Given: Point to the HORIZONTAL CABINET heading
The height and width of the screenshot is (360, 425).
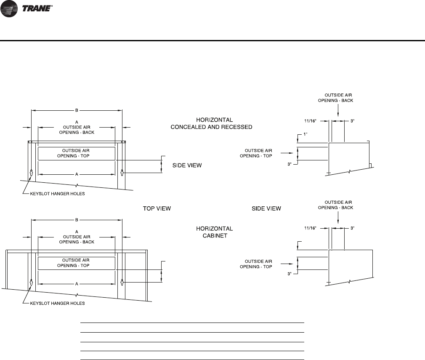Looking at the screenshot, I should pyautogui.click(x=215, y=232).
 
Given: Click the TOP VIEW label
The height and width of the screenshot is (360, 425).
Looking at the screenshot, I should pyautogui.click(x=156, y=208).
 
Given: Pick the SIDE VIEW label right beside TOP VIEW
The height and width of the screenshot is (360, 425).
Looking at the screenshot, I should pyautogui.click(x=266, y=208).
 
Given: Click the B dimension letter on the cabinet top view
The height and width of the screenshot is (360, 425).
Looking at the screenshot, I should pyautogui.click(x=77, y=219).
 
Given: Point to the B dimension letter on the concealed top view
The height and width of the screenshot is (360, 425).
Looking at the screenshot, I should pyautogui.click(x=77, y=111).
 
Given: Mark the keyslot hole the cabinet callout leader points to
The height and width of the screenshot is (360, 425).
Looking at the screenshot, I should pyautogui.click(x=32, y=282).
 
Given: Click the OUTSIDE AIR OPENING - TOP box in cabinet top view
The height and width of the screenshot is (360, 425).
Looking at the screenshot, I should pyautogui.click(x=77, y=263).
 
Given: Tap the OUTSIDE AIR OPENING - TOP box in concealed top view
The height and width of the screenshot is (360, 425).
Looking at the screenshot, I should pyautogui.click(x=77, y=153).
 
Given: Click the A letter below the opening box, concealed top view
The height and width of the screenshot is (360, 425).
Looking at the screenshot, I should pyautogui.click(x=77, y=174).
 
